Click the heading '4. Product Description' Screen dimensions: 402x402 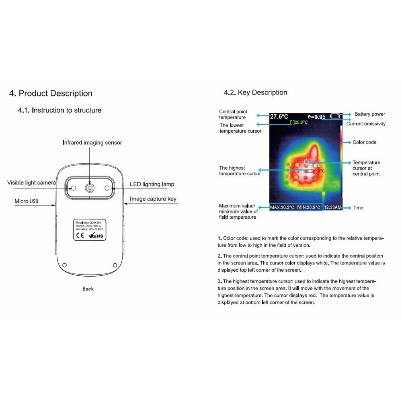(51, 94)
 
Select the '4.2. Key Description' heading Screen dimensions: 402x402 (255, 92)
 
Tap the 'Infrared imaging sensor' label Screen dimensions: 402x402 (92, 143)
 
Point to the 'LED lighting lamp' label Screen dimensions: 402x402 (152, 185)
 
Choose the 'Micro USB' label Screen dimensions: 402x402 (27, 201)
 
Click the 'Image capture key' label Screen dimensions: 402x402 (153, 199)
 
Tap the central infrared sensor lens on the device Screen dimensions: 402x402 (89, 188)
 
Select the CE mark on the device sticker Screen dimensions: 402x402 (80, 236)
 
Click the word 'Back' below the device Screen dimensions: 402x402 (88, 289)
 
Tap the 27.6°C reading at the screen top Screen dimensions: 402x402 (279, 117)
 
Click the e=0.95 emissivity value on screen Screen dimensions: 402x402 (317, 117)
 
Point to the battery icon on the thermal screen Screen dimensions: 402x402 (335, 116)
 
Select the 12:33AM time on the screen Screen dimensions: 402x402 (332, 207)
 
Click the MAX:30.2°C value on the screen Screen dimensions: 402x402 (282, 207)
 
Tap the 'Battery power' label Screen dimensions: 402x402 (370, 114)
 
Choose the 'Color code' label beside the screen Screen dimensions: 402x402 (364, 142)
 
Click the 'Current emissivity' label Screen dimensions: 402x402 (366, 124)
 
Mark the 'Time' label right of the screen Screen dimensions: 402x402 (358, 208)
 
